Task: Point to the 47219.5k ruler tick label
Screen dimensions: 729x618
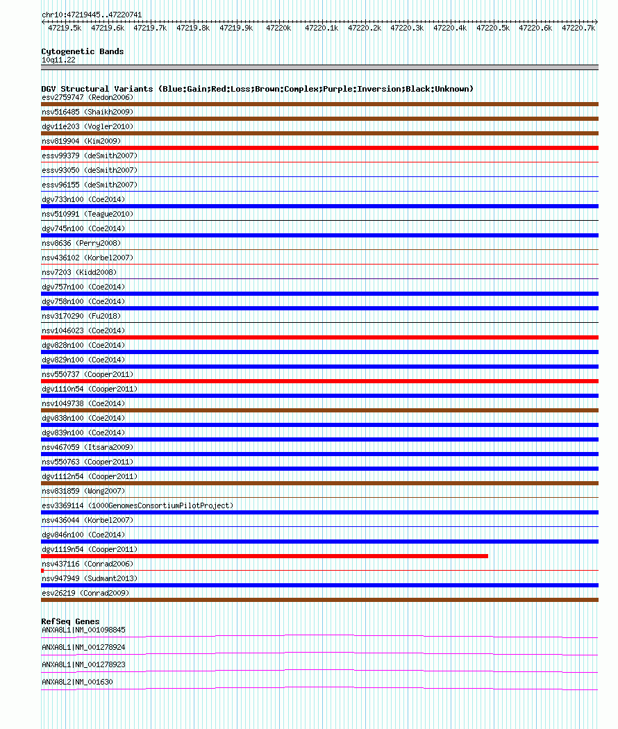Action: (64, 28)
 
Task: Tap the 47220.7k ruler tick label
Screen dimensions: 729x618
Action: (578, 28)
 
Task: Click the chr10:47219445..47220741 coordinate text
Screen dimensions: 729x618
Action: (92, 15)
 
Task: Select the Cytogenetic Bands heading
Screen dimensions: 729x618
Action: (82, 51)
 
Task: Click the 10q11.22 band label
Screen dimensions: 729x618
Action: (58, 60)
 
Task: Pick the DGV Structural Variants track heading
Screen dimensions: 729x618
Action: (257, 89)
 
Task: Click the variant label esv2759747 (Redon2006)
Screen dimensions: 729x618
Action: (87, 97)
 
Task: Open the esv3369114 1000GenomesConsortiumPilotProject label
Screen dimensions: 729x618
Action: (137, 505)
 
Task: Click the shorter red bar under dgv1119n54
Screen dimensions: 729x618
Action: (264, 556)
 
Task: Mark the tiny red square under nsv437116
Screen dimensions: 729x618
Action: (42, 571)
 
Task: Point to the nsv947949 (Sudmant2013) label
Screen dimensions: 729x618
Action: (90, 578)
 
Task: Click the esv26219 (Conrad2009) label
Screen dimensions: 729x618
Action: (85, 593)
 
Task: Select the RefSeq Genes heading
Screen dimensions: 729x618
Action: (70, 621)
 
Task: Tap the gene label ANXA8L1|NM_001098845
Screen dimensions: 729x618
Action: (83, 630)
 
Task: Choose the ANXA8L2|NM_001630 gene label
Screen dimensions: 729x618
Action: (77, 682)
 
